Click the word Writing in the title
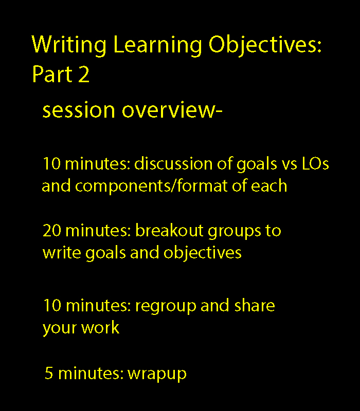coord(69,45)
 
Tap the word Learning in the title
coord(158,45)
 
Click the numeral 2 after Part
coord(84,74)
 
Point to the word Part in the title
coord(52,74)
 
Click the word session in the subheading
coord(79,110)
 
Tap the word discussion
coord(173,163)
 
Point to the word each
coord(268,186)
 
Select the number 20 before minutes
coord(52,231)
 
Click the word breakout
coord(169,230)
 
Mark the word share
coord(255,305)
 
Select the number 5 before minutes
coord(49,373)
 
